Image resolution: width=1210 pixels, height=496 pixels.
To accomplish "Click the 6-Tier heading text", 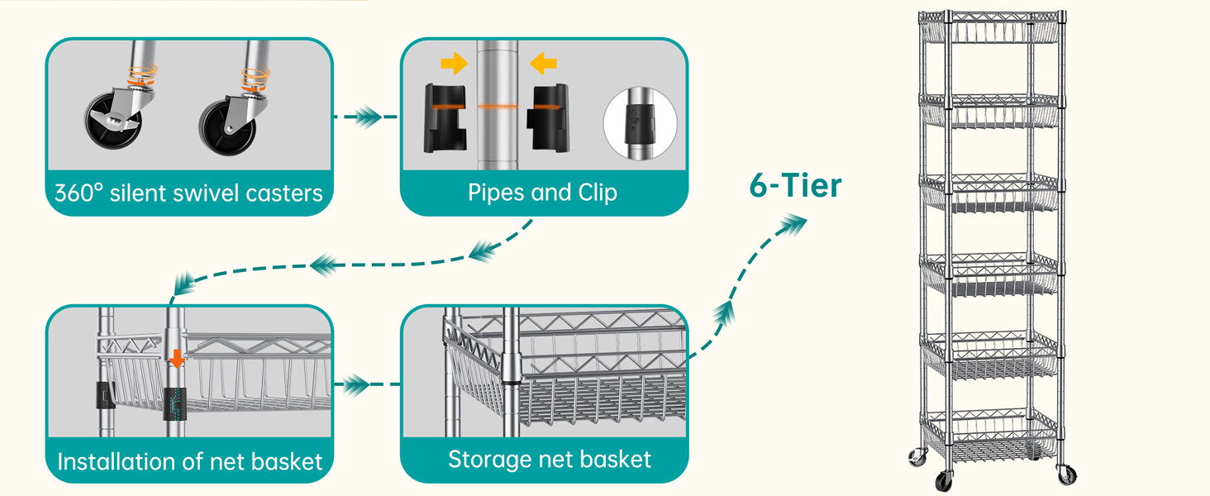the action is [795, 185].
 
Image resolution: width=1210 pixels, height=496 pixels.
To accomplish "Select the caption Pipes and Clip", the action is [542, 193].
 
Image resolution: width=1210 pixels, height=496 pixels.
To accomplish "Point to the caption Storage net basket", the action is [550, 460].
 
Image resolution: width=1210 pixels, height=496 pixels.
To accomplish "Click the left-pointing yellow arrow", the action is [543, 63].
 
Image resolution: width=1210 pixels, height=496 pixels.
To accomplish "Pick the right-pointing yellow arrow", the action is [455, 63].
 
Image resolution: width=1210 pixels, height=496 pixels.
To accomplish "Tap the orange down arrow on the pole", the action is [177, 359].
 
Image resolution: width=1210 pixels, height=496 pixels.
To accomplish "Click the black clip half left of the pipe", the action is [445, 117].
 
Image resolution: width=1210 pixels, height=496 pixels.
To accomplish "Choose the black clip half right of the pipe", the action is [548, 117].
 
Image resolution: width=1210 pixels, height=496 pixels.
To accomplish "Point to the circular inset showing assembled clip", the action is [640, 123].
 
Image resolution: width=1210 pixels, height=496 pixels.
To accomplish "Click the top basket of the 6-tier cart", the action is [989, 28].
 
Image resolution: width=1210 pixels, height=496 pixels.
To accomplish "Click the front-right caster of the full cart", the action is [1067, 475].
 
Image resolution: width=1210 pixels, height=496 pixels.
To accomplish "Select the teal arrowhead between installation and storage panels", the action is [356, 384].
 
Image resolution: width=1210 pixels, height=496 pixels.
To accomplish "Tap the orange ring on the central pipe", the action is [498, 107].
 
